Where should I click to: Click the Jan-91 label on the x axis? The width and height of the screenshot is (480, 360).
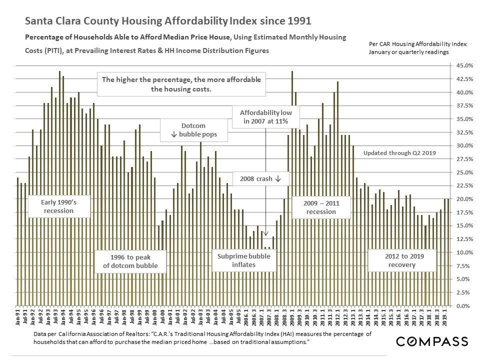tap(18, 318)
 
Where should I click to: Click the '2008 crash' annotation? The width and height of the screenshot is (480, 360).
tap(260, 179)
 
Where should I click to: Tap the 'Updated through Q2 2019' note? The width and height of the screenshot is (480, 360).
tap(399, 153)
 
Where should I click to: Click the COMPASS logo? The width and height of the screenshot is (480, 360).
tap(432, 341)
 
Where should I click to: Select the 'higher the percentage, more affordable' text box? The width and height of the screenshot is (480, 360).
tap(181, 84)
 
